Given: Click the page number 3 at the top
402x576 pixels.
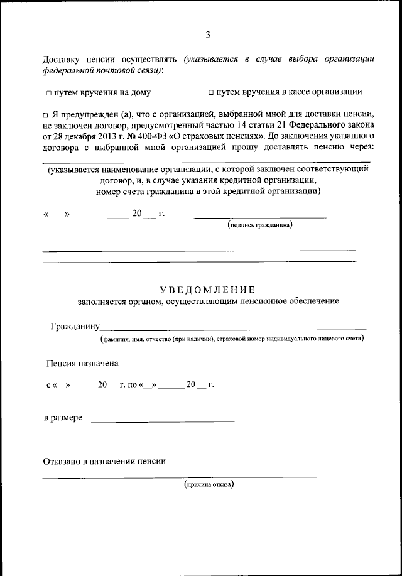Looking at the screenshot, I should pos(207,35).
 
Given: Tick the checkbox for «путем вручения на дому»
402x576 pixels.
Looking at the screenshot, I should pos(48,92).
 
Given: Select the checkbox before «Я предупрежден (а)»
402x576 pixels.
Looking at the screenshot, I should pos(46,116).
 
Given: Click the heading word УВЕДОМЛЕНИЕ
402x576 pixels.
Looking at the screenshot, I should pos(207,290).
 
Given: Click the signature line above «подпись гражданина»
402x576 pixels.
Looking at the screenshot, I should pos(260,217).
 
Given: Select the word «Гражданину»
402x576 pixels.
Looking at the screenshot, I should pos(75,327).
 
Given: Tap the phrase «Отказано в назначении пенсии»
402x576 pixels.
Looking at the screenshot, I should pos(104,461).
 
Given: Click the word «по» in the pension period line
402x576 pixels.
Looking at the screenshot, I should pos(133,385).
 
